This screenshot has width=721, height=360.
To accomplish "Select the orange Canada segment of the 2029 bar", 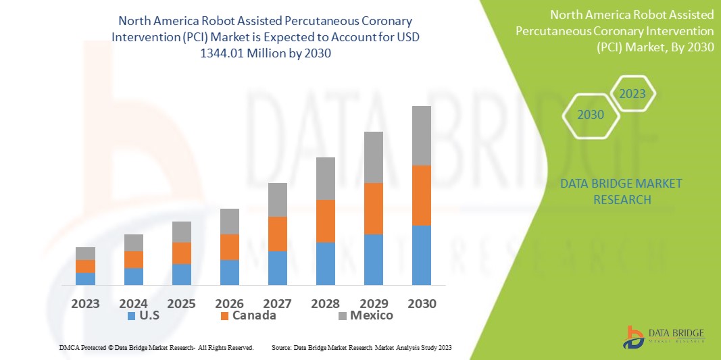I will (x=383, y=208).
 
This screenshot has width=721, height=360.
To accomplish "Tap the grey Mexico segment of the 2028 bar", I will (x=326, y=178).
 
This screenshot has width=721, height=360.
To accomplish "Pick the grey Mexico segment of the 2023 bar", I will (x=85, y=253).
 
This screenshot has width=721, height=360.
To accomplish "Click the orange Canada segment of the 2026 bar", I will (x=230, y=247).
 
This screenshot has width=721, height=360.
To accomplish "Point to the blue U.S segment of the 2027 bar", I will (x=278, y=267).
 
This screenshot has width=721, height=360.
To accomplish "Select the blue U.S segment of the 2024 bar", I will (x=133, y=276).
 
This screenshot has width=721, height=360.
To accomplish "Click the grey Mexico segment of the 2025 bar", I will (x=182, y=232).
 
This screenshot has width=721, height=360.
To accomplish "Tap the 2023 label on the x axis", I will (x=86, y=303).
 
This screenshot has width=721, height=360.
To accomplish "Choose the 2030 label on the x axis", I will (x=422, y=303).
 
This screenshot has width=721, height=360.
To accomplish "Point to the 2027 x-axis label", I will (x=278, y=303).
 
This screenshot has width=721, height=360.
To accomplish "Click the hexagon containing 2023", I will (x=632, y=94).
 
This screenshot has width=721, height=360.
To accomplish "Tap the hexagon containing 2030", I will (x=590, y=115).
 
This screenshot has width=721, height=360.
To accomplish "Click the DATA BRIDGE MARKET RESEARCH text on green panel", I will (x=621, y=191).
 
